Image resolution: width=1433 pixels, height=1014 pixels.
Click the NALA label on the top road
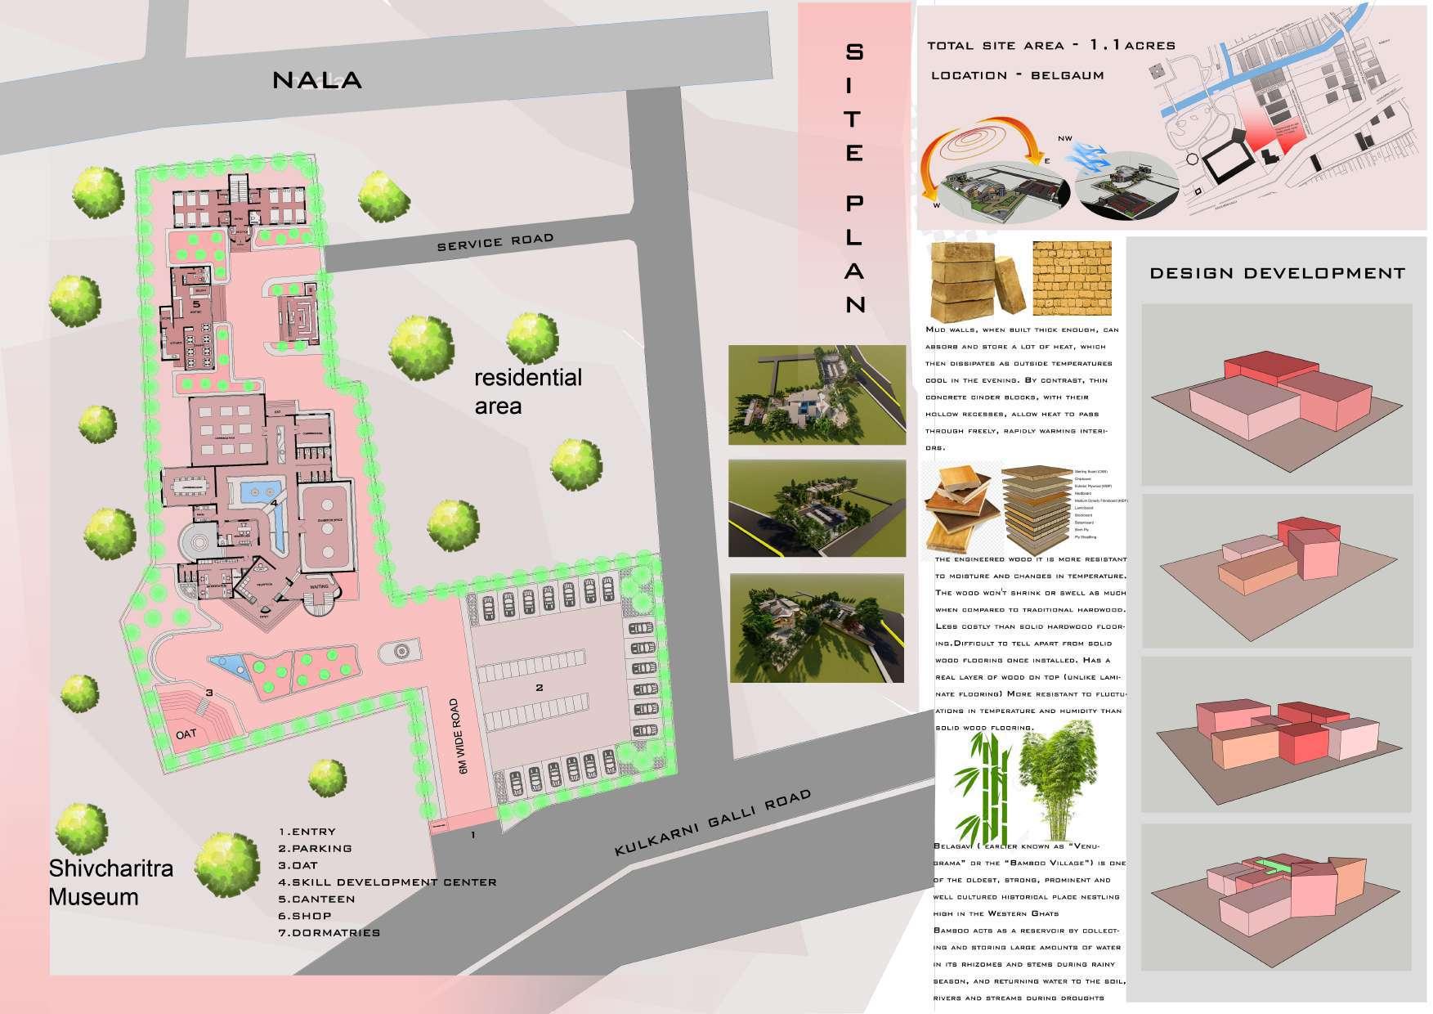tap(316, 80)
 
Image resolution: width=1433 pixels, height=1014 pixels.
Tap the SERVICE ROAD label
tap(495, 243)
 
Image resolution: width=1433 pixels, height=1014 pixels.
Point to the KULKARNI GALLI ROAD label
tap(712, 823)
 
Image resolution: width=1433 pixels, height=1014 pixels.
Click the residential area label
tap(528, 391)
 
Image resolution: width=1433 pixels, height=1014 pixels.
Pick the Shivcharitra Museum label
tap(110, 882)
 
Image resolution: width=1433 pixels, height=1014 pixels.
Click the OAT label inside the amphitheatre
tap(186, 734)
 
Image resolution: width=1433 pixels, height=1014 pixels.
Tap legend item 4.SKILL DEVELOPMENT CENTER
tap(387, 882)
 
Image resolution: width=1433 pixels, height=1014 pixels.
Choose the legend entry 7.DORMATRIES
tap(329, 933)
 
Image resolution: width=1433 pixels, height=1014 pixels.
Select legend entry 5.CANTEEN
tap(316, 900)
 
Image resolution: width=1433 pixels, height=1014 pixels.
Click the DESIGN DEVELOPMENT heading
tap(1277, 273)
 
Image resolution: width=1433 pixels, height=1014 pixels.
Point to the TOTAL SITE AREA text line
tap(1050, 46)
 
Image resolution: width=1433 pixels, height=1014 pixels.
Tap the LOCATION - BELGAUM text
tap(1017, 75)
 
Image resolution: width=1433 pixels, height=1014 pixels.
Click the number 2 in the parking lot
tap(539, 688)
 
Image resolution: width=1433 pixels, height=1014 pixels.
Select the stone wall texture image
tap(1072, 278)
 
